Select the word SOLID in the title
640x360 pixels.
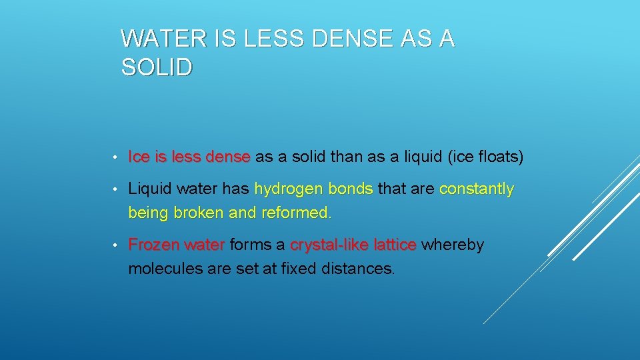(157, 67)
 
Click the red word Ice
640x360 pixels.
(139, 157)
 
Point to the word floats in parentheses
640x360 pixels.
(498, 157)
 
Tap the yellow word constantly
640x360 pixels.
(477, 189)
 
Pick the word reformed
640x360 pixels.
(296, 213)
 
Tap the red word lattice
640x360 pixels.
(395, 245)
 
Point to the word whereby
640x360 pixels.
(453, 245)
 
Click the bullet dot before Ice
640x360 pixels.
(116, 158)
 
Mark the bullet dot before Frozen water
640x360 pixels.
(116, 245)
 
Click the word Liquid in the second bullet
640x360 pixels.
(149, 189)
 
